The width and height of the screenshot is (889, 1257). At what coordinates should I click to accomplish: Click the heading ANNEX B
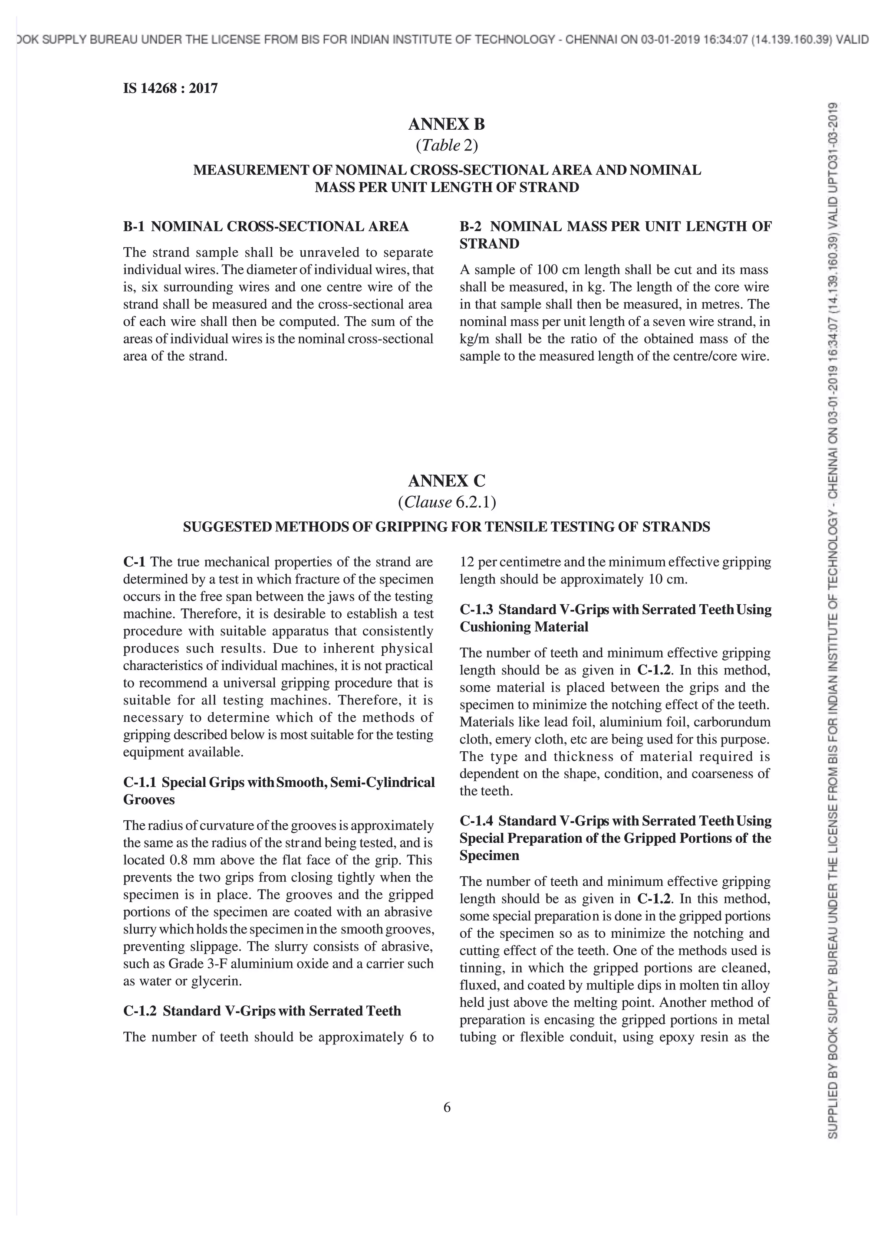(446, 125)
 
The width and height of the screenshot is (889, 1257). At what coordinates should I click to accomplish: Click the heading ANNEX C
(446, 481)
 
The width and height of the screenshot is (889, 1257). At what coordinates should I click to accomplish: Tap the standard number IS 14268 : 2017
(170, 88)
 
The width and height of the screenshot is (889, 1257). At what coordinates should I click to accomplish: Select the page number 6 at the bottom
(446, 1107)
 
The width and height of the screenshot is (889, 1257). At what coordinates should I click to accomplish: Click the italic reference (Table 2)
(446, 146)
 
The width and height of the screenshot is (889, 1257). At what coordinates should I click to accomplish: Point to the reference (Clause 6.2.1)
(446, 502)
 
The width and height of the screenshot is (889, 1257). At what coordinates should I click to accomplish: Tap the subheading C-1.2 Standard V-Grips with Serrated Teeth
(262, 1011)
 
